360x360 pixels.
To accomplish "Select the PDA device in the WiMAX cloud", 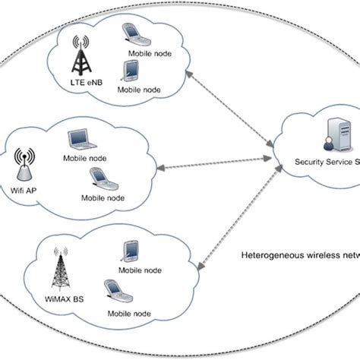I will tap(129, 251).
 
